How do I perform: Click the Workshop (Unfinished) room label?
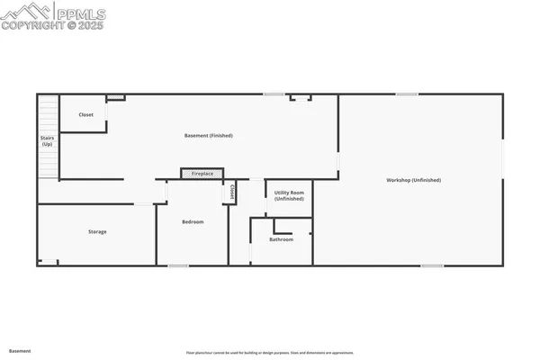[x=413, y=181]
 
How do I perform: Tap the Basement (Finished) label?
[x=209, y=136]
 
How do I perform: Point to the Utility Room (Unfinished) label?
[x=289, y=195]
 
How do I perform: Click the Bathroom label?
[x=282, y=239]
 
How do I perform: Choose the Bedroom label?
[x=193, y=221]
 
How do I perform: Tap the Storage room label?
[x=97, y=232]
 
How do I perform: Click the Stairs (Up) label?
[x=47, y=141]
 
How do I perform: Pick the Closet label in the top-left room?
[x=86, y=115]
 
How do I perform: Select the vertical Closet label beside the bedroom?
[x=232, y=193]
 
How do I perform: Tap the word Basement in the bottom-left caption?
[x=20, y=350]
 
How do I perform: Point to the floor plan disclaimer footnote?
[x=269, y=352]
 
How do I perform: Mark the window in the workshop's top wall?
[x=408, y=94]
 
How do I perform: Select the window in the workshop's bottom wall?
[x=432, y=265]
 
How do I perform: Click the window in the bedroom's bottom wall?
[x=177, y=265]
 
